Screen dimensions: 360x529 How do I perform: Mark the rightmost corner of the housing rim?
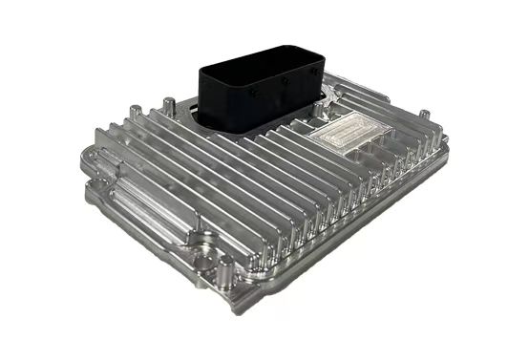(x=451, y=151)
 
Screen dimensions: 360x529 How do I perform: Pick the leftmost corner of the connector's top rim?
(x=199, y=68)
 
